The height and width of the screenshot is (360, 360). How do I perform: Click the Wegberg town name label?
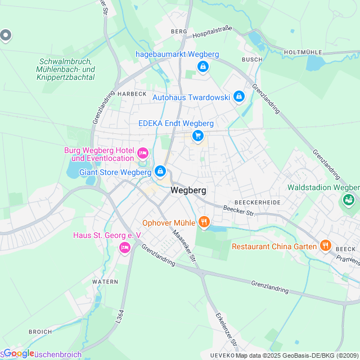click(x=188, y=190)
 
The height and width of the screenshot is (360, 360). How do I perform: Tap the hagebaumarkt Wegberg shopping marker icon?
click(x=203, y=67)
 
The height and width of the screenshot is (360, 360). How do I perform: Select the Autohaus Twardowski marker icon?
click(x=239, y=97)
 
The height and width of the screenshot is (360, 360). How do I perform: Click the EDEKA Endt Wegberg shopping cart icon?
click(x=197, y=136)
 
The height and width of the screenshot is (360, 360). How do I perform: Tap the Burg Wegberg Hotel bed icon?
click(x=143, y=152)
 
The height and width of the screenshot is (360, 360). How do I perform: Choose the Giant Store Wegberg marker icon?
click(x=160, y=170)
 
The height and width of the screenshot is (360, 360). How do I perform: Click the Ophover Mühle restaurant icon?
click(x=204, y=223)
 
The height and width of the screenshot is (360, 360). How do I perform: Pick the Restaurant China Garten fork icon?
click(x=325, y=245)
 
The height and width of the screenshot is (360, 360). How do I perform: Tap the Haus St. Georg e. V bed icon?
click(x=124, y=247)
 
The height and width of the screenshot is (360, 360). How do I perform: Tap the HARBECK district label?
click(x=132, y=93)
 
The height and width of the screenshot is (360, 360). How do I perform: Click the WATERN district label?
click(x=105, y=281)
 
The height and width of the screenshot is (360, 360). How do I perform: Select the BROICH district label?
click(x=40, y=332)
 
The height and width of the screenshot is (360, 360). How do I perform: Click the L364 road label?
click(x=119, y=316)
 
